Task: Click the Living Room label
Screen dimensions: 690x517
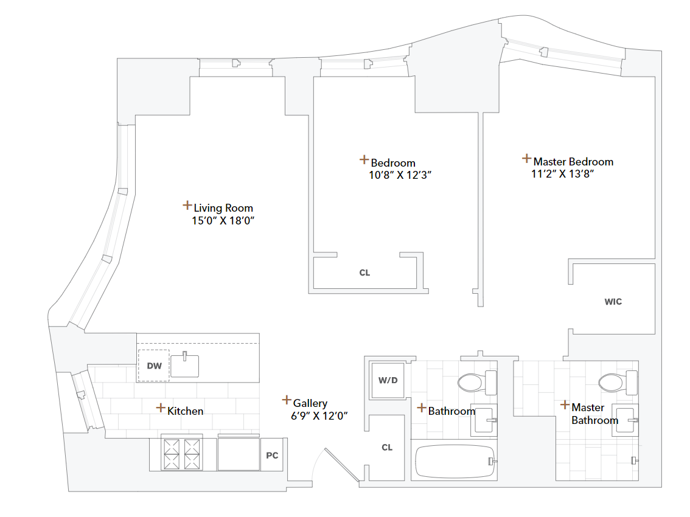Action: [223, 208]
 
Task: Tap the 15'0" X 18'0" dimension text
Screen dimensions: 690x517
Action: [222, 221]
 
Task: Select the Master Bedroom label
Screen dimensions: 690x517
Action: [573, 162]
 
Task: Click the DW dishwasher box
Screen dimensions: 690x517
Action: [154, 366]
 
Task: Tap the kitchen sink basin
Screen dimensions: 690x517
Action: [185, 366]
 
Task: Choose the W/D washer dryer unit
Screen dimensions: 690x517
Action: [388, 381]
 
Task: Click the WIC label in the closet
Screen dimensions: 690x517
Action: [613, 302]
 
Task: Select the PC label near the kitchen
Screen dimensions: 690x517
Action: [272, 455]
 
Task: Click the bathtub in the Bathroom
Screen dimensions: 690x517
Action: [454, 462]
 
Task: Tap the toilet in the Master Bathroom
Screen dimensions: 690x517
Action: [616, 383]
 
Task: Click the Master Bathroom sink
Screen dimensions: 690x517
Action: [626, 420]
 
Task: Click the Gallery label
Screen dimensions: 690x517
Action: [310, 403]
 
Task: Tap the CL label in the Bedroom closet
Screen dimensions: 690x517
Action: [364, 272]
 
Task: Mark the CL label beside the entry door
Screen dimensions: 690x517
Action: [387, 448]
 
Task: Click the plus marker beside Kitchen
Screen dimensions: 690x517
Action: [161, 408]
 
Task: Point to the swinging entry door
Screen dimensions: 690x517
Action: [341, 465]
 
